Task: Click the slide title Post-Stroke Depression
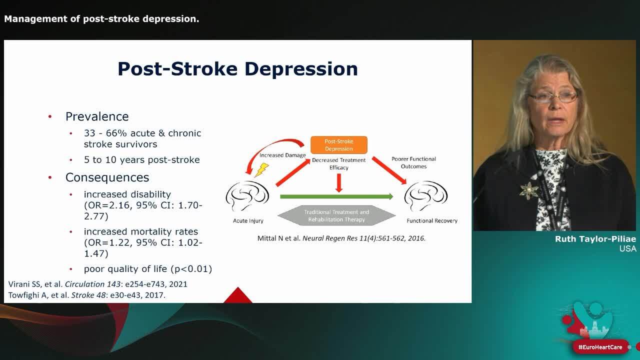tap(237, 69)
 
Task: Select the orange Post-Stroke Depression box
tap(339, 145)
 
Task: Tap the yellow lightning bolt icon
tap(261, 170)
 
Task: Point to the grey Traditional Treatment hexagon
tap(336, 215)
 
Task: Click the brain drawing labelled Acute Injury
tap(247, 196)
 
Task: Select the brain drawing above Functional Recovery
tap(426, 196)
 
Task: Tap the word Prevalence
tap(97, 116)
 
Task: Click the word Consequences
tap(107, 177)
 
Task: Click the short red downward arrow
tap(339, 183)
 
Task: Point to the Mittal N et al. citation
tap(341, 238)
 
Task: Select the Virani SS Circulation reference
tap(98, 284)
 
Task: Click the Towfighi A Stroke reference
tap(87, 295)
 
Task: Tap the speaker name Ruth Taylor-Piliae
tap(595, 239)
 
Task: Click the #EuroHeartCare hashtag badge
tap(600, 347)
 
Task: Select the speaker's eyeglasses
tap(552, 97)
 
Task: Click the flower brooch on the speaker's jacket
tap(528, 190)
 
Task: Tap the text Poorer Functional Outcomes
tap(413, 162)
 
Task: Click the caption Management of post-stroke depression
tap(101, 19)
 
